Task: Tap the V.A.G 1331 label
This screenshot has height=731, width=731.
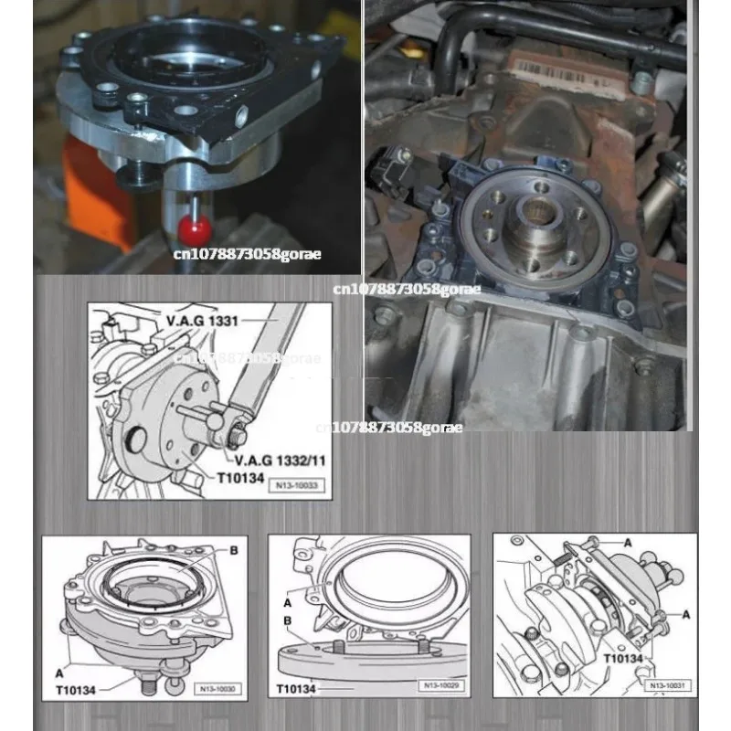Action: click(x=204, y=323)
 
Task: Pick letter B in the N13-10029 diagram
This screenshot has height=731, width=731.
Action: click(x=287, y=621)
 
